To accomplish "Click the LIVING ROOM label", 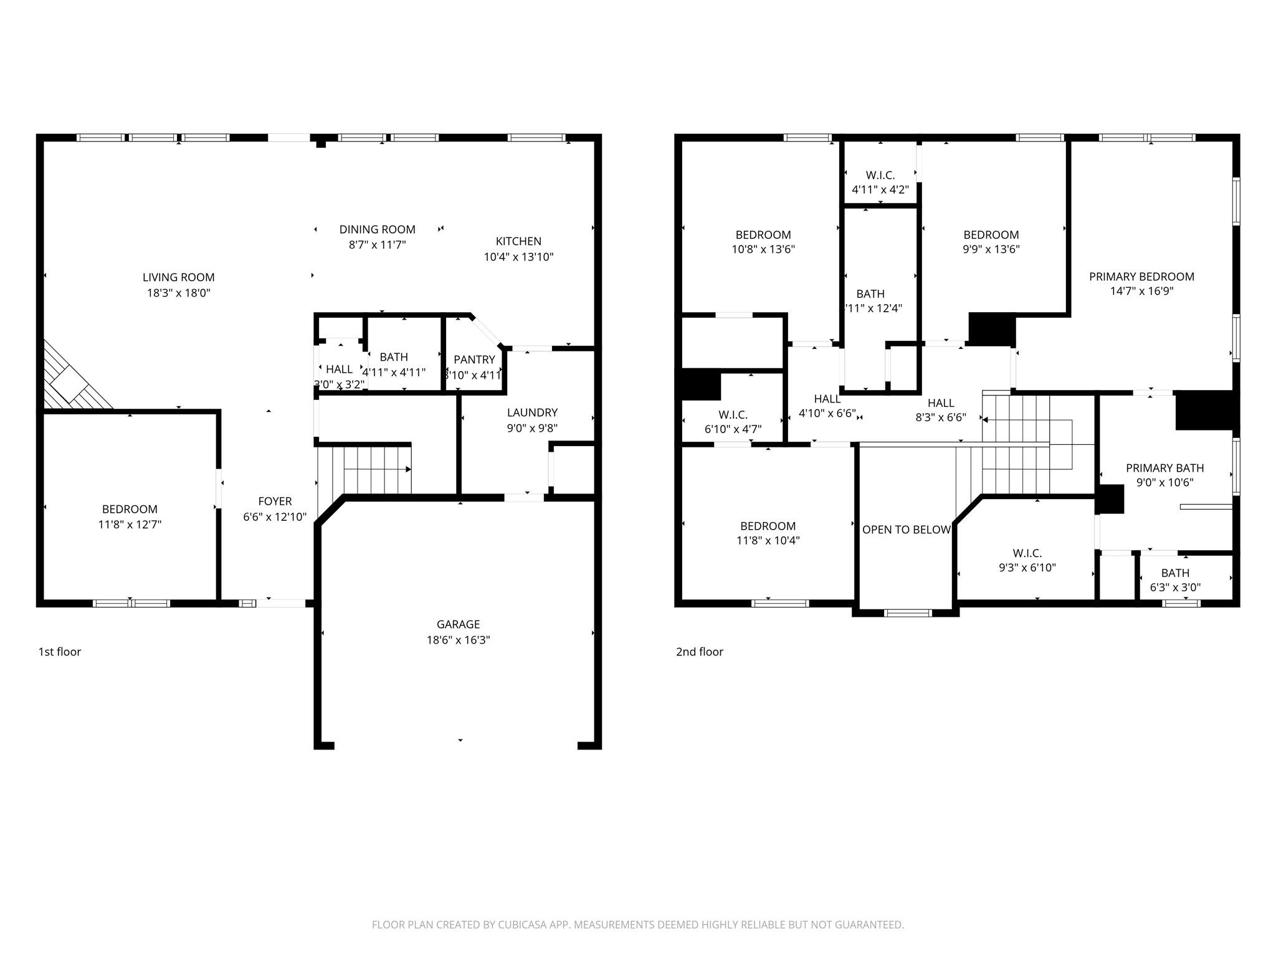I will pyautogui.click(x=178, y=277).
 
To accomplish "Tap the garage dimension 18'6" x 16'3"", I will pyautogui.click(x=458, y=640).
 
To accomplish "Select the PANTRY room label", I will pyautogui.click(x=474, y=359).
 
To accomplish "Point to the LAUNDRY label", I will pyautogui.click(x=531, y=412).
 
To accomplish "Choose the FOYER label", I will pyautogui.click(x=275, y=501).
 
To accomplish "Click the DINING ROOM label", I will pyautogui.click(x=377, y=230).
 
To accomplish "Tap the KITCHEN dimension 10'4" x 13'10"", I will pyautogui.click(x=518, y=257).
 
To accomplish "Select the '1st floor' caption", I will pyautogui.click(x=60, y=652).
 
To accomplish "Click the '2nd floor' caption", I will pyautogui.click(x=699, y=652).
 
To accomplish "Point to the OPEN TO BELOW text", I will pyautogui.click(x=906, y=530).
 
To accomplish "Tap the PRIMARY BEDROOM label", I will pyautogui.click(x=1141, y=277).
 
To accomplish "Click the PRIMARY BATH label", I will pyautogui.click(x=1164, y=468).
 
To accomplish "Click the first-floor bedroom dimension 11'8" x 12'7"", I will pyautogui.click(x=130, y=525).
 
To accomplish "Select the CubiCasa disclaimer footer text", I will pyautogui.click(x=637, y=925).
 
